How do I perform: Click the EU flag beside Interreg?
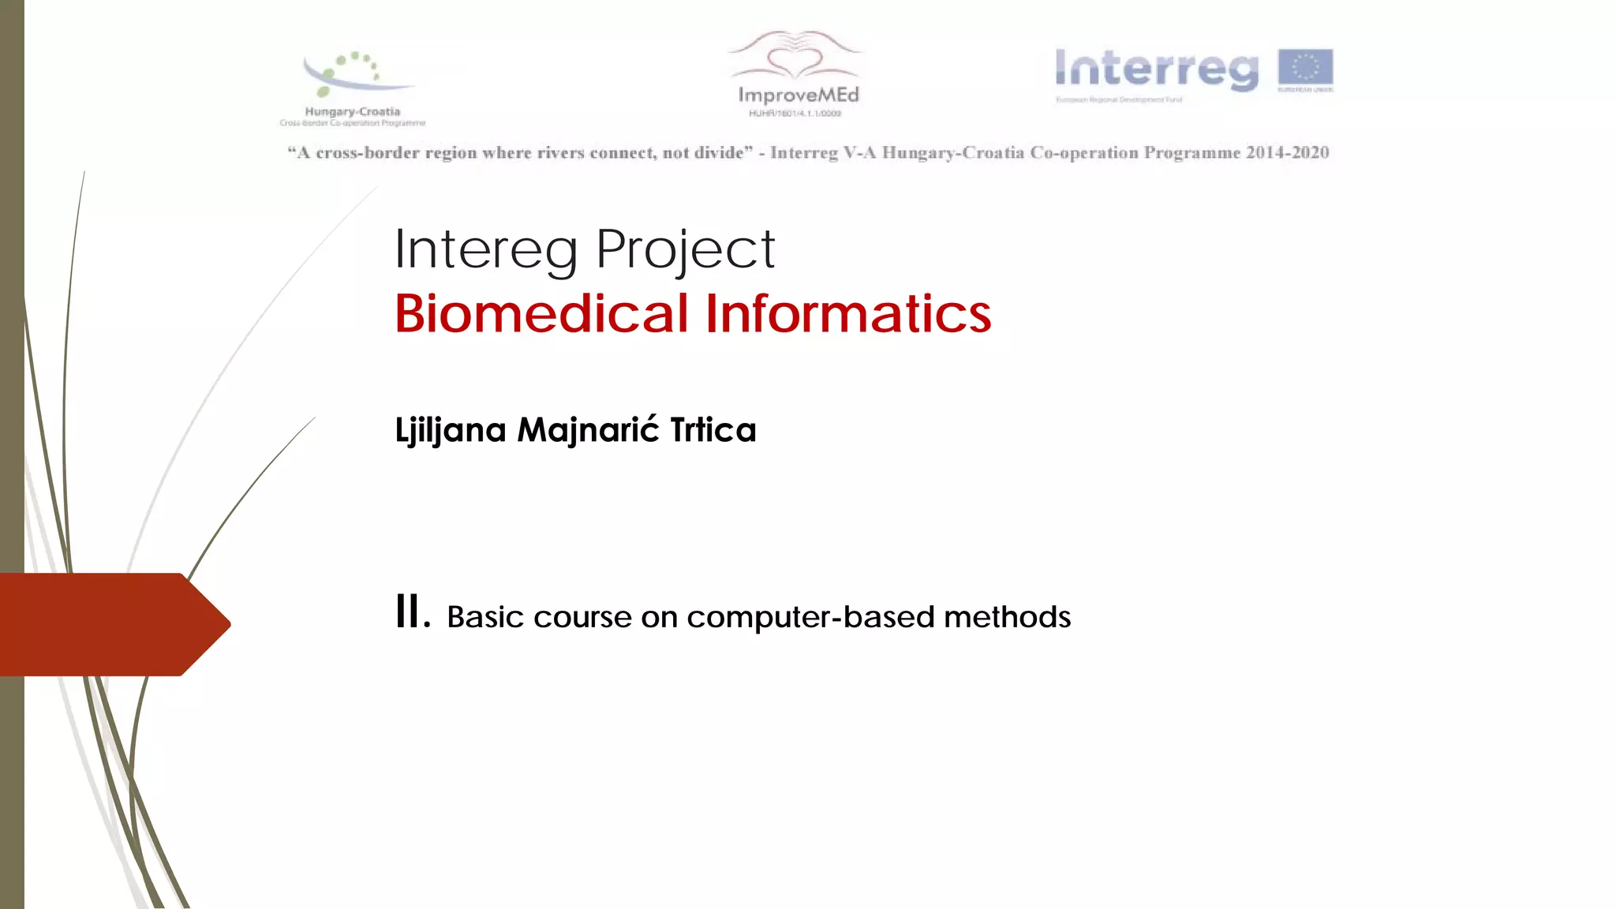coord(1305,69)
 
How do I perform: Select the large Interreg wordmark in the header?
coord(1157,69)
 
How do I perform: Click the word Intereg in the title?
coord(485,250)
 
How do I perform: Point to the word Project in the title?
coord(685,250)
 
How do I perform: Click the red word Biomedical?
coord(542,313)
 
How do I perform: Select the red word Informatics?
coord(848,313)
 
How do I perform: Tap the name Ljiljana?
coord(451,431)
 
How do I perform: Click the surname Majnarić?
coord(588,430)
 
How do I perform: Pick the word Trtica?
coord(713,430)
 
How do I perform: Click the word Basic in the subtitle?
coord(484,617)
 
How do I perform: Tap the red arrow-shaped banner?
coord(110,624)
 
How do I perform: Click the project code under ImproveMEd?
coord(795,114)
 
